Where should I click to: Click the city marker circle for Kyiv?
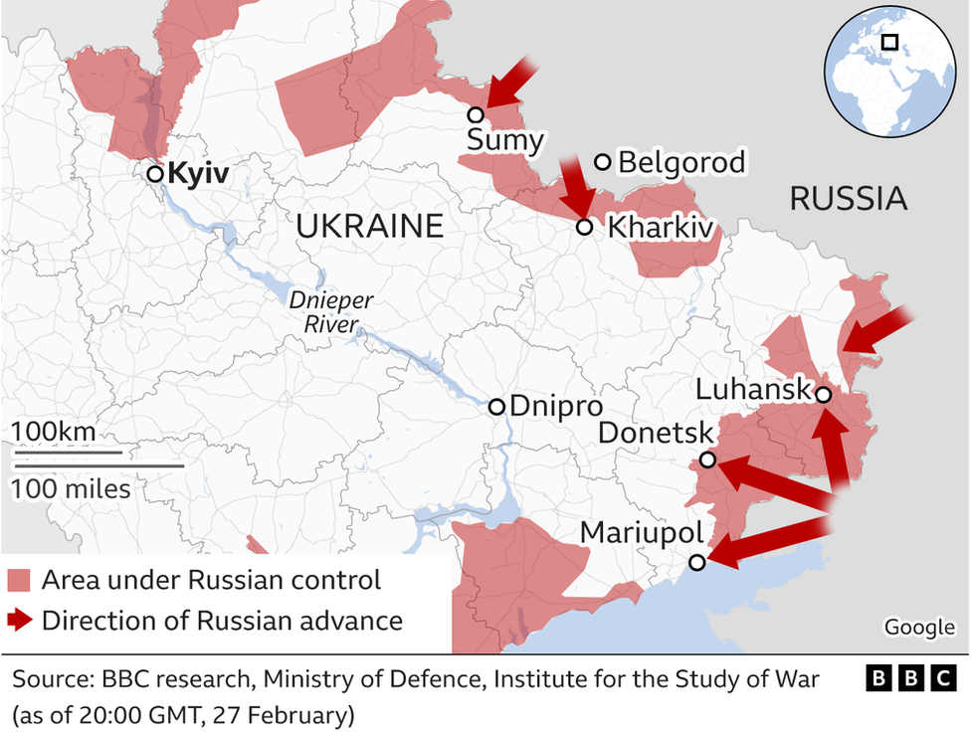coord(155,174)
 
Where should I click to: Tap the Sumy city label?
coord(505,140)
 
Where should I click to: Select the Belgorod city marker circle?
coord(602,162)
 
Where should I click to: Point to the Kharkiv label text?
coord(661,228)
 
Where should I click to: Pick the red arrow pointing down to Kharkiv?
coord(575,185)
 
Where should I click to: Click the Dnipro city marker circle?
coord(496,406)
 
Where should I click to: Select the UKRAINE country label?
coord(369,227)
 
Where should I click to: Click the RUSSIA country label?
coord(848,199)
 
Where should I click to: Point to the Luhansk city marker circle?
coord(823,395)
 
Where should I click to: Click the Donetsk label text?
coord(656,434)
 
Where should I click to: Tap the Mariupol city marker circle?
coord(697,562)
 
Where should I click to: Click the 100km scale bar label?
coord(55,432)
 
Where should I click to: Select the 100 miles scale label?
coord(71,488)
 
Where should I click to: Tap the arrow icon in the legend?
coord(21,622)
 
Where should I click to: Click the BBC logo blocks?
coord(910,679)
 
